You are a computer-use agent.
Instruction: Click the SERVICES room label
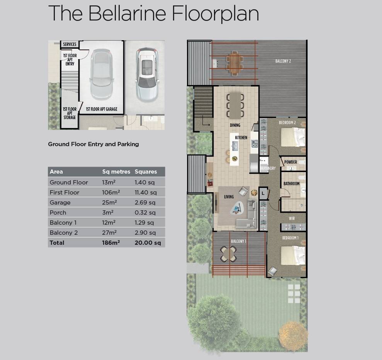70,44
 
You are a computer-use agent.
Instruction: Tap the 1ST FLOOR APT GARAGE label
102,109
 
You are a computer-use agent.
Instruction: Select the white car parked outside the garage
147,75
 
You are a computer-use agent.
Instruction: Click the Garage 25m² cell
109,203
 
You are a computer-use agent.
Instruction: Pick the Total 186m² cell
111,243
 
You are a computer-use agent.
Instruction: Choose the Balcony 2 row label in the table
64,233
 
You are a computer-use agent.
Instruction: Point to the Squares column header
146,172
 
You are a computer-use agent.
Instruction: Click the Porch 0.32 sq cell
145,213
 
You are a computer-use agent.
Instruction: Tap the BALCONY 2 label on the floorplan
283,61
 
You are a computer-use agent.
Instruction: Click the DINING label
235,125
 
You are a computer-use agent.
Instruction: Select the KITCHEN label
241,138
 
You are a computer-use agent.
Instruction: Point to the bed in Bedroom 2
293,137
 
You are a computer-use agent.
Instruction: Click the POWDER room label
290,162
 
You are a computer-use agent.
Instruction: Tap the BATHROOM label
291,183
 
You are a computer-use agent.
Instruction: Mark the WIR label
292,218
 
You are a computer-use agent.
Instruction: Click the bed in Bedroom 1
293,255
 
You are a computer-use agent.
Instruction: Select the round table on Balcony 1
229,254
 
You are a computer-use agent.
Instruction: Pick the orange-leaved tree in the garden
293,336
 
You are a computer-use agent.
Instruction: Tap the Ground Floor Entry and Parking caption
93,144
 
